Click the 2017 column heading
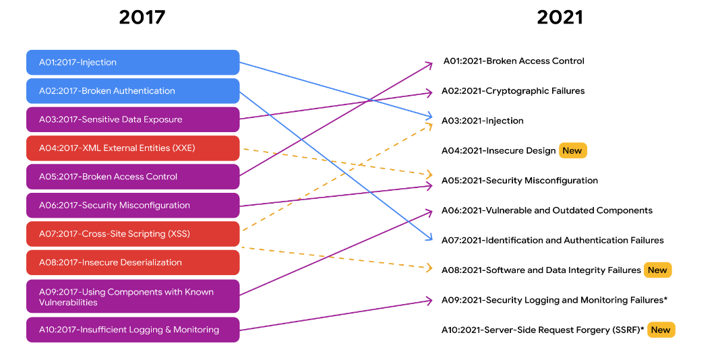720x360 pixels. tap(142, 18)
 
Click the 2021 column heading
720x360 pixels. tap(560, 18)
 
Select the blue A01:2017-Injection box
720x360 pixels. tap(133, 62)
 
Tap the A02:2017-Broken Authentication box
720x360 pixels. tap(133, 91)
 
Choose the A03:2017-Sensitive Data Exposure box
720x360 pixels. tap(133, 119)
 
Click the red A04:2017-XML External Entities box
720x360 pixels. tap(133, 148)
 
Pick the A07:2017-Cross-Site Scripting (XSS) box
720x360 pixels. tap(133, 234)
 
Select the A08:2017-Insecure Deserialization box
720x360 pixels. tap(133, 262)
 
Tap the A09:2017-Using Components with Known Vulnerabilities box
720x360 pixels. tap(133, 297)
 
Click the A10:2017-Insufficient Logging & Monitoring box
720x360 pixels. tap(133, 330)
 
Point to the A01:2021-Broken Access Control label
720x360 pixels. tap(514, 61)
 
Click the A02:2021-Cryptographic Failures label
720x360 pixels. tap(513, 91)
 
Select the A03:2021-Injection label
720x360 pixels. tap(482, 121)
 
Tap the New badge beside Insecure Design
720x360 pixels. tap(572, 150)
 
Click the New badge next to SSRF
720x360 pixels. tap(661, 330)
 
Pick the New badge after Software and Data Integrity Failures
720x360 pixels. tap(657, 270)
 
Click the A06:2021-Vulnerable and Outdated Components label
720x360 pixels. tap(547, 210)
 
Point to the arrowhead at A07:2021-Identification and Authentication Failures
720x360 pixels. tap(429, 239)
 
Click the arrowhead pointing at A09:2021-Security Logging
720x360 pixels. tap(429, 300)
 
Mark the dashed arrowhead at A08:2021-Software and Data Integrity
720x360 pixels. tap(429, 268)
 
